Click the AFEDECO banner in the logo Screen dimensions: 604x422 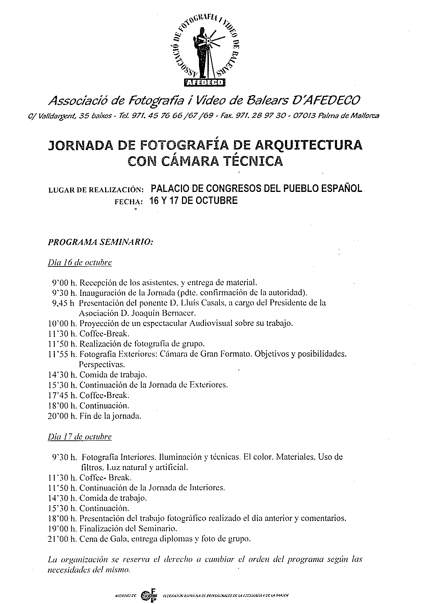[x=204, y=82]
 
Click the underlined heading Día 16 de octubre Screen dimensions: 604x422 [x=80, y=263]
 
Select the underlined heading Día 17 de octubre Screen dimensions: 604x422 [x=80, y=437]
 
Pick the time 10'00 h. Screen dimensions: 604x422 [x=62, y=323]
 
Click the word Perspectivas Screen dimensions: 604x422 [x=102, y=364]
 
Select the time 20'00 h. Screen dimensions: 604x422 [x=62, y=416]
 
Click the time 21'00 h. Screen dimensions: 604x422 [x=62, y=539]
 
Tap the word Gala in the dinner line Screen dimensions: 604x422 [x=124, y=539]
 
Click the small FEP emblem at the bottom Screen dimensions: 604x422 [x=148, y=595]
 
